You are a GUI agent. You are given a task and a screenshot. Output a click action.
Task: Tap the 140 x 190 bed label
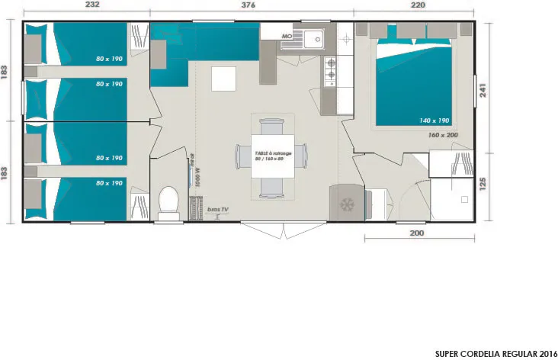[433, 120]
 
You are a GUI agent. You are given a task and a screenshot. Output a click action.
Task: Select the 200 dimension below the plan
[416, 233]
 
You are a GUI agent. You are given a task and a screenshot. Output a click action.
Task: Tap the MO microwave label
[287, 36]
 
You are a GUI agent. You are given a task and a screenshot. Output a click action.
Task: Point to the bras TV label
[218, 209]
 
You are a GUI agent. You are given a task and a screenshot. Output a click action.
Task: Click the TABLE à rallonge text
[273, 153]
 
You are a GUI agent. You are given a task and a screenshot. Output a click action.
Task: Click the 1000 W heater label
[197, 175]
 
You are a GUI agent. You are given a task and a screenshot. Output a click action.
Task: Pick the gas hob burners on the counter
[331, 70]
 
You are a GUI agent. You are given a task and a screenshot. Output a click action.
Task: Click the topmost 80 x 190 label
[110, 58]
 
